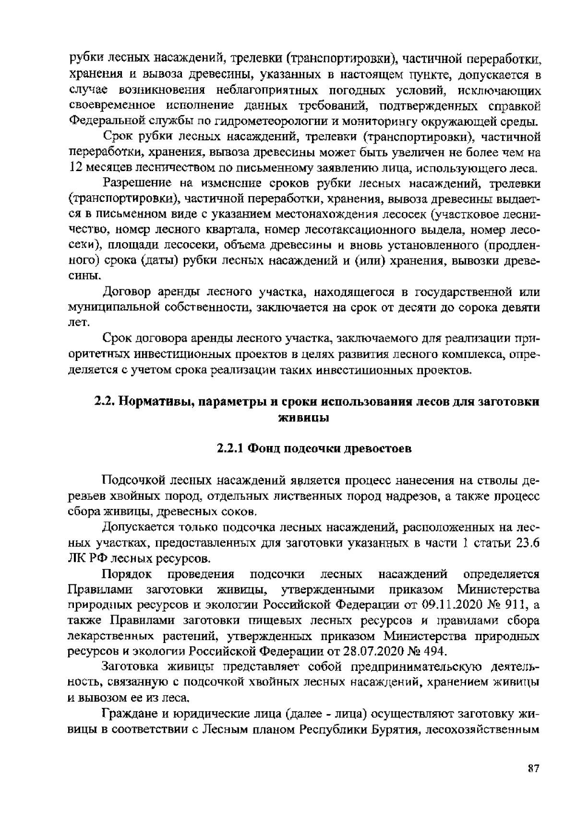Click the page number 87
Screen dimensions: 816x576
pyautogui.click(x=533, y=768)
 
